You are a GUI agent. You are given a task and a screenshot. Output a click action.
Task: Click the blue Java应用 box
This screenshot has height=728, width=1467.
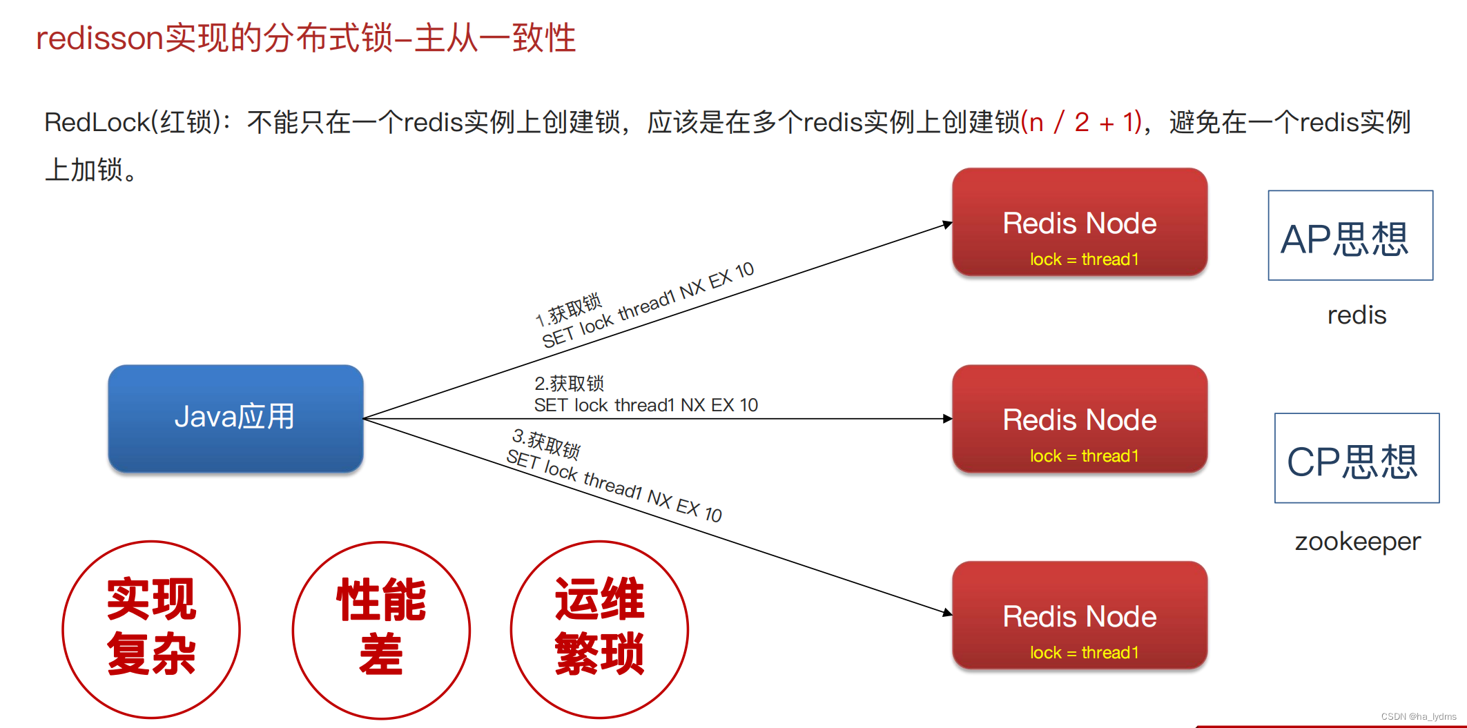click(x=235, y=418)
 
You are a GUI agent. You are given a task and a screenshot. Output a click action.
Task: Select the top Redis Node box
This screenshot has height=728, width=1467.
click(x=1079, y=222)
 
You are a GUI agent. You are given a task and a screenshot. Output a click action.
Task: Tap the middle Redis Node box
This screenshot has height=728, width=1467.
click(x=1079, y=419)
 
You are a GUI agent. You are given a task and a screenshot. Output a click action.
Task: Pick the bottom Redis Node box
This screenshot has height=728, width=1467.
click(x=1079, y=616)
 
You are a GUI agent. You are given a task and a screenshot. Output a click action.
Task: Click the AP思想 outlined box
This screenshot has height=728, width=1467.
click(x=1350, y=235)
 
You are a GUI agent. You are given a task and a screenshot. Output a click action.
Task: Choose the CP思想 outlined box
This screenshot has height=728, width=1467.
click(x=1357, y=458)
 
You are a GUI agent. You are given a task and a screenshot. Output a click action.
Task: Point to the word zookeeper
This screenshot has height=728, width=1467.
click(x=1357, y=542)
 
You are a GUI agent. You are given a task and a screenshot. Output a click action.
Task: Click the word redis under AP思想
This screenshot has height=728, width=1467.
click(x=1357, y=315)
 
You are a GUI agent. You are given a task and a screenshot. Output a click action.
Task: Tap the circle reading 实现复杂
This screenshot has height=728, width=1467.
click(x=151, y=629)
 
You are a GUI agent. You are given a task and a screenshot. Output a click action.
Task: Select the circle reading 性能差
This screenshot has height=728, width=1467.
click(x=381, y=629)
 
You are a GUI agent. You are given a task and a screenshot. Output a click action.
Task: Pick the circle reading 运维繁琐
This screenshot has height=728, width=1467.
click(x=599, y=629)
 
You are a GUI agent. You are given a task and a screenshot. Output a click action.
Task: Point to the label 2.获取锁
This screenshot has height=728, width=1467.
click(x=569, y=383)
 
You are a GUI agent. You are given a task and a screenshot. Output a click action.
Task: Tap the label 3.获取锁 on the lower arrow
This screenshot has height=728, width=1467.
click(x=546, y=444)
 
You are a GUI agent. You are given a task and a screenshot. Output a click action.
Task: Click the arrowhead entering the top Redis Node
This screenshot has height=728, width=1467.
click(x=948, y=224)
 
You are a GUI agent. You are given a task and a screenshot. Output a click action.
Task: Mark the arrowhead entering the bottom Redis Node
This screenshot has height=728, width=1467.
click(x=948, y=612)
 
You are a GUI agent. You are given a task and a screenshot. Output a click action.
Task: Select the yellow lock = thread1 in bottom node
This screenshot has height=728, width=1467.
click(x=1084, y=653)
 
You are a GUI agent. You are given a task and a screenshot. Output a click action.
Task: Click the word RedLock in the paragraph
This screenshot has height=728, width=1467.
click(x=97, y=123)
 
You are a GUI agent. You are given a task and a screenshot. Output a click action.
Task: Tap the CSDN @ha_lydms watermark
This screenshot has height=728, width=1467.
click(x=1418, y=717)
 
